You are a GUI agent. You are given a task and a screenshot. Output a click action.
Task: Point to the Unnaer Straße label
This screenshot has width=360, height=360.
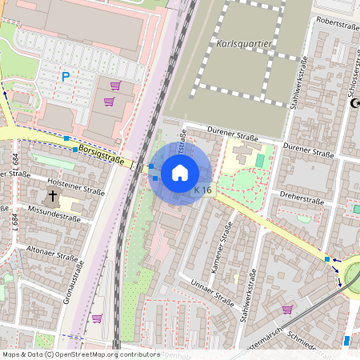point(212,293)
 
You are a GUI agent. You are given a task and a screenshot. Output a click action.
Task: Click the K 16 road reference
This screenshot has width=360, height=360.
point(203,190)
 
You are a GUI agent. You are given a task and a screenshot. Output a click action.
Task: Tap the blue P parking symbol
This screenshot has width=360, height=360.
point(66,77)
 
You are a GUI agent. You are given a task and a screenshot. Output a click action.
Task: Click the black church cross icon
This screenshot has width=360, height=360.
point(53,195)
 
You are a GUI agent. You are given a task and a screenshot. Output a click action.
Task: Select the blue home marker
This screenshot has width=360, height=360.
point(180,173)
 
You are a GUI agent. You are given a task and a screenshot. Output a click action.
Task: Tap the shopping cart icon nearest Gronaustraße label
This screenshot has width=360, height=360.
point(97,318)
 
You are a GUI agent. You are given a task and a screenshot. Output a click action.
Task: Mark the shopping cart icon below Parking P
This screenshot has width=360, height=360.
point(109,102)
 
